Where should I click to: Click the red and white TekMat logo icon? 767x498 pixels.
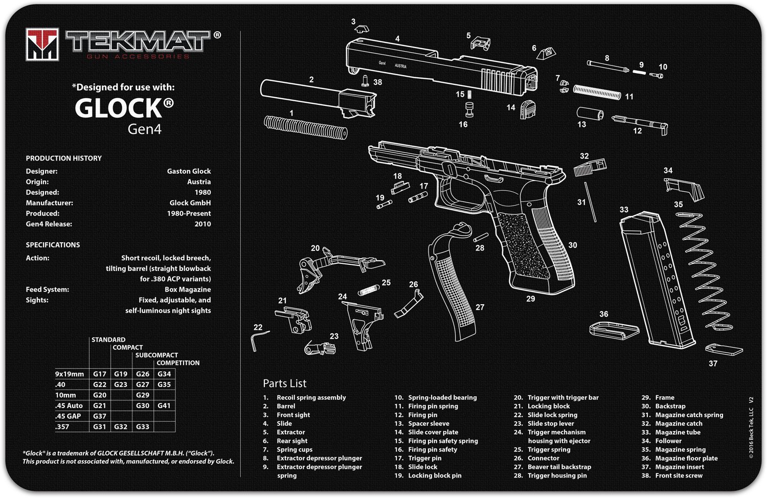[x=42, y=44]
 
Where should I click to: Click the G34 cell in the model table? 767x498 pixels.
[x=164, y=374]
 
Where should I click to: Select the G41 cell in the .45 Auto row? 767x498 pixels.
[x=164, y=405]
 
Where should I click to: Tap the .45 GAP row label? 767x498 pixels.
[x=68, y=416]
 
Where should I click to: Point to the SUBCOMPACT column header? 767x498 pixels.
[x=156, y=355]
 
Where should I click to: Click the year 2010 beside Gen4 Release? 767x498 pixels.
[x=202, y=224]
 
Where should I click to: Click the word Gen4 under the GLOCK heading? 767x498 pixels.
[x=145, y=129]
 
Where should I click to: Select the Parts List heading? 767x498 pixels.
[x=284, y=383]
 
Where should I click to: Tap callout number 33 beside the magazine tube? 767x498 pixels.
[x=624, y=210]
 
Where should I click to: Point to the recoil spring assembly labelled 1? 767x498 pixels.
[x=306, y=126]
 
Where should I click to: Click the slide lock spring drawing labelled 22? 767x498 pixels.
[x=259, y=339]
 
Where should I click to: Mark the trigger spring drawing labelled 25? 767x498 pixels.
[x=369, y=290]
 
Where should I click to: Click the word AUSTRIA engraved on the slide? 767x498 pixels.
[x=400, y=66]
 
